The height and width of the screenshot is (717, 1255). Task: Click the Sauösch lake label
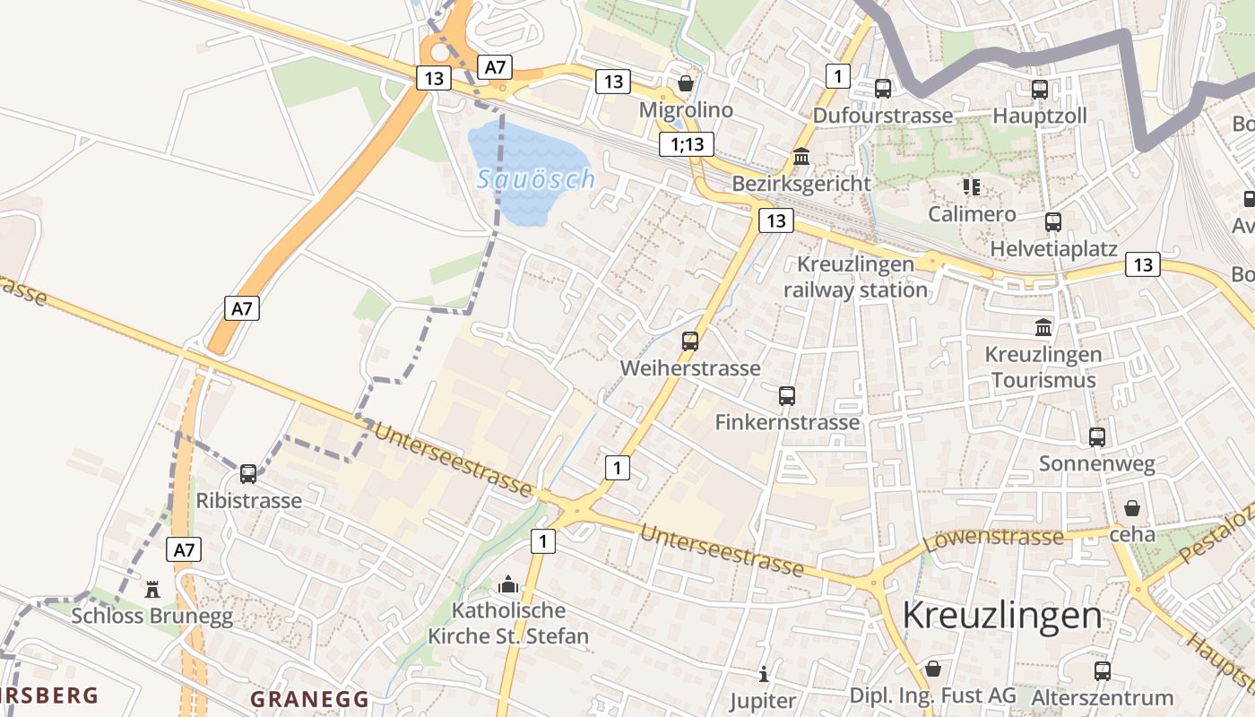point(536,179)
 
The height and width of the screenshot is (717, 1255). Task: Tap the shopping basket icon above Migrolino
point(686,83)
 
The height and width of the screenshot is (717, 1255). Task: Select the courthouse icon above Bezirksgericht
point(801,157)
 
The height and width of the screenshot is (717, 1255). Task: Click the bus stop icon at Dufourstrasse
point(883,89)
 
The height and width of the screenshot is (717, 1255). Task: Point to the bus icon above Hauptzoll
point(1040,90)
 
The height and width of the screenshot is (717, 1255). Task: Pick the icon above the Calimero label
point(972,186)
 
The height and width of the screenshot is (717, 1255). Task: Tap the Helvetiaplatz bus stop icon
point(1053,221)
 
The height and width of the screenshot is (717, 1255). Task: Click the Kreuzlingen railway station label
point(855,277)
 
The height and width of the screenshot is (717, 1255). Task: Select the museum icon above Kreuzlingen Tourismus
point(1043,327)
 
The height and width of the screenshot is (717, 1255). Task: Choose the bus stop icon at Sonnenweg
point(1097,436)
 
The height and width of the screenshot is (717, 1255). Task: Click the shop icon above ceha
point(1132,508)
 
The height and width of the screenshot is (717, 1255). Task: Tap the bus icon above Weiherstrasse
point(690,341)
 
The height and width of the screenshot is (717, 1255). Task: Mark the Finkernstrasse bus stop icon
point(787,395)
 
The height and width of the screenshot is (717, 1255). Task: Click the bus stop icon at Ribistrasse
point(248,473)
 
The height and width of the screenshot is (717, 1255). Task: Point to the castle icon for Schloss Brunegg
point(152,589)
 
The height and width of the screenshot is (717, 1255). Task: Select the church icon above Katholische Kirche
point(508,584)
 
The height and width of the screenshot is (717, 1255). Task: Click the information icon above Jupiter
point(763,673)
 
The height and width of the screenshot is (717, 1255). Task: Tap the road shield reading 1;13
point(687,143)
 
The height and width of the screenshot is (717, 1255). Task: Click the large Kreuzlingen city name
point(1002,616)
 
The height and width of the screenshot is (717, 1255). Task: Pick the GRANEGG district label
point(309,699)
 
